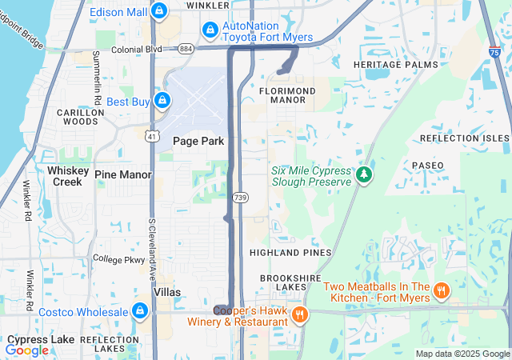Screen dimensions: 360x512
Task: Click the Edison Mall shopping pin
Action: [159, 11]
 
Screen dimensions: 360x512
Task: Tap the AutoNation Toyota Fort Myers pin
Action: [210, 30]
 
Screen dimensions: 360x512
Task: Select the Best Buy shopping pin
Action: [162, 101]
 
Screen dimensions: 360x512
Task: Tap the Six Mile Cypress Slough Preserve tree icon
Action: [364, 174]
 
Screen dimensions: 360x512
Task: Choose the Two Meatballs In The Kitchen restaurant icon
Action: [442, 290]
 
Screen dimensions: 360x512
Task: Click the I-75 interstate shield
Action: [495, 51]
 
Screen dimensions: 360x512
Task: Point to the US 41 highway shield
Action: [151, 136]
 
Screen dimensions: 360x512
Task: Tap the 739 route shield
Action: [240, 196]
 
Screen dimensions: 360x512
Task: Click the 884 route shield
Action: [186, 49]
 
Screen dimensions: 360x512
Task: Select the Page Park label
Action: [198, 141]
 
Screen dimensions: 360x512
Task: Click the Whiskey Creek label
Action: [65, 176]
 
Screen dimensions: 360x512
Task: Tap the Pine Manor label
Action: [122, 174]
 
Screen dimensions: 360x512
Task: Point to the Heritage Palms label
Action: [395, 64]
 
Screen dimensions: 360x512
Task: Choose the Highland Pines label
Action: [290, 252]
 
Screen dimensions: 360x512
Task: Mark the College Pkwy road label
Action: [118, 258]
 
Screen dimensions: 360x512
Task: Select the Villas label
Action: [167, 292]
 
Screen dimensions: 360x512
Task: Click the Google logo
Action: [26, 350]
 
